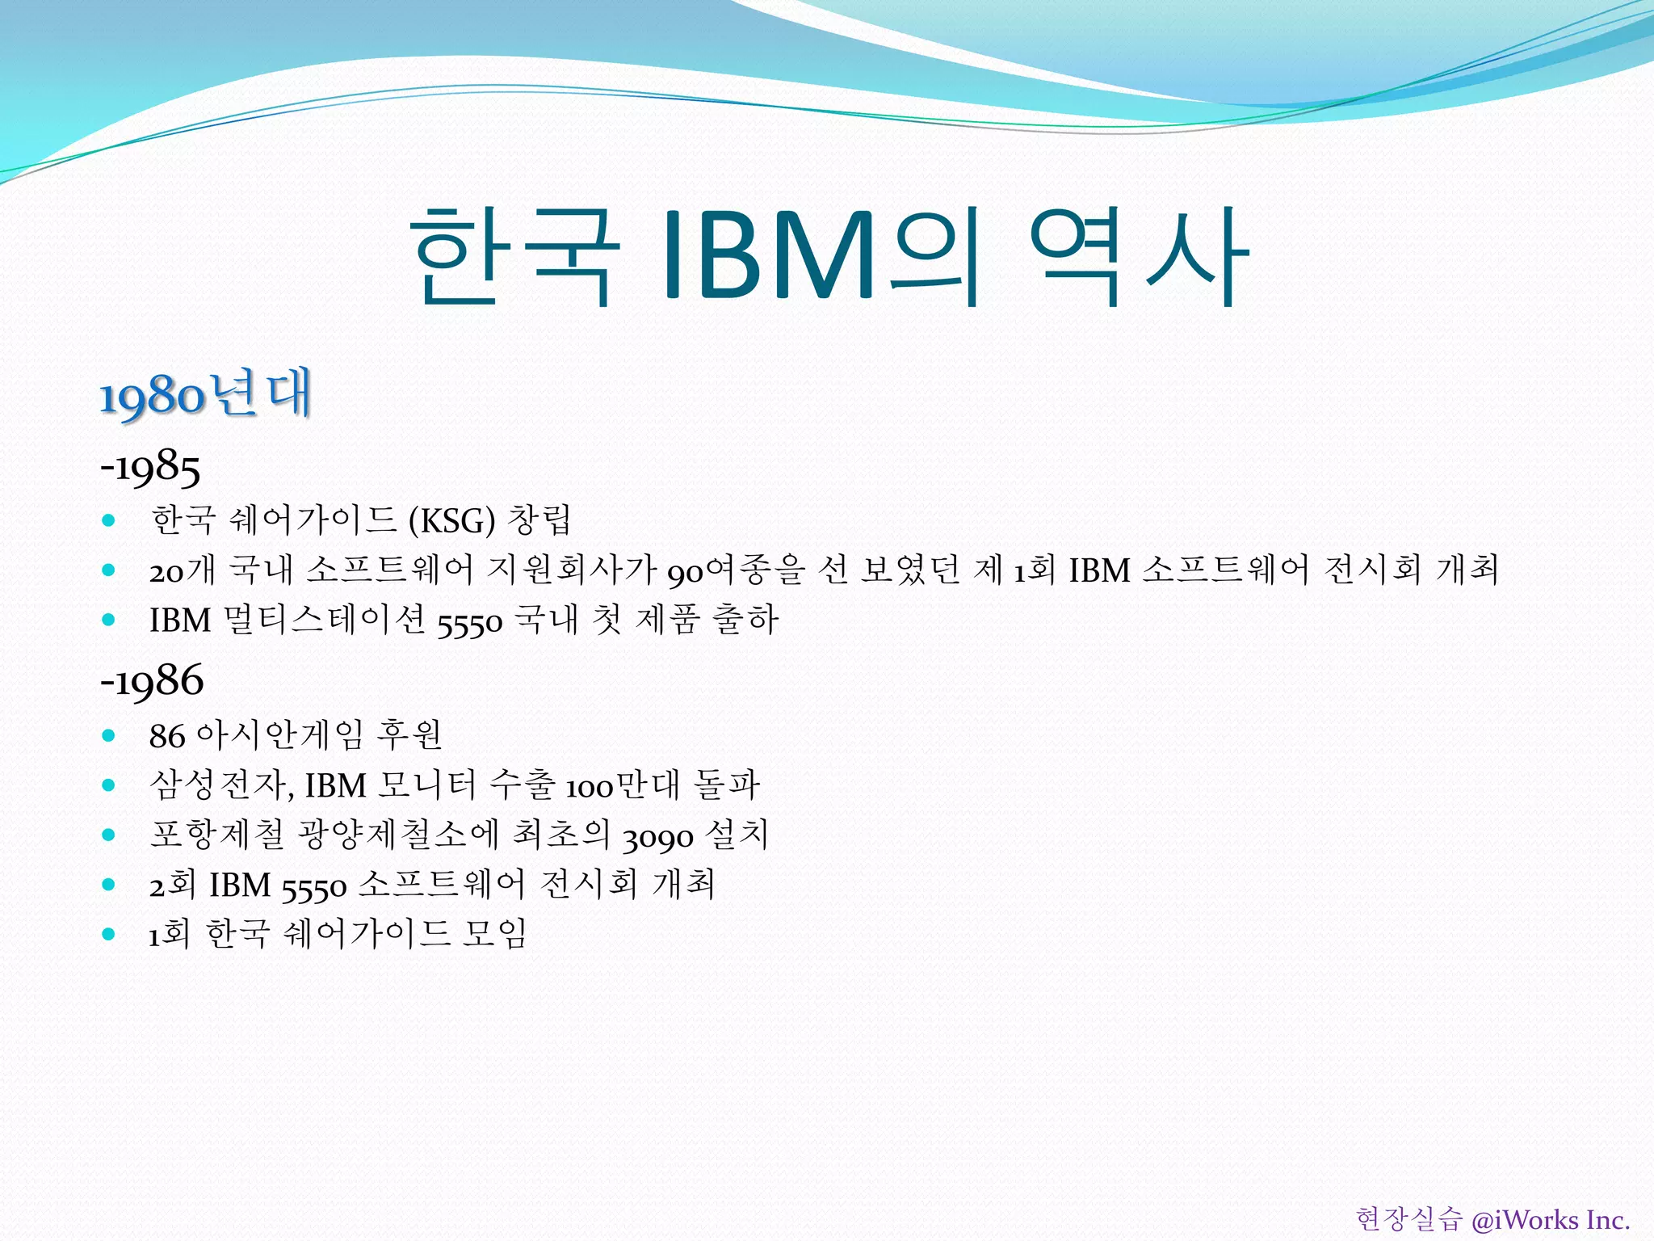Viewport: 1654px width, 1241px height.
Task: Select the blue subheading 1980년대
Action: pos(205,395)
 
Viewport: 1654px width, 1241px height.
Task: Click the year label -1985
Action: pos(150,467)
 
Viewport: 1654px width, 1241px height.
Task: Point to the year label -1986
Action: pos(152,680)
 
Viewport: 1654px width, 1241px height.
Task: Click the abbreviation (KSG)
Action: pos(451,520)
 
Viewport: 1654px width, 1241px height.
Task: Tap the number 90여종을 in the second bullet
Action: pos(736,570)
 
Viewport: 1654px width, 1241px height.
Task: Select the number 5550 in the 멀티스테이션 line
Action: pos(470,621)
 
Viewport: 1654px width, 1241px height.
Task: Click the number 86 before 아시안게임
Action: pos(167,736)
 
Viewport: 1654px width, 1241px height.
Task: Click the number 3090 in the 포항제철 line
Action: pos(657,836)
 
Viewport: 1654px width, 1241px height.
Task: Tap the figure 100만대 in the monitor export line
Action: pos(622,785)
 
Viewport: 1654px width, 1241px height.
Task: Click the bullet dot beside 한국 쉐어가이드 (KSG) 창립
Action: pos(109,520)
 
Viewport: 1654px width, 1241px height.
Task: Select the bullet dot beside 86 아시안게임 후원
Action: pos(109,736)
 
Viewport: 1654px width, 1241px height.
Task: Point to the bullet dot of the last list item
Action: pos(109,935)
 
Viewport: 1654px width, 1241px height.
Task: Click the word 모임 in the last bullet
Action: pos(493,934)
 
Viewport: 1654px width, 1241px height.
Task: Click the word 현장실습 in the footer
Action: pos(1408,1219)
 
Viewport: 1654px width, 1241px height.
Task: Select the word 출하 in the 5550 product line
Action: pos(745,620)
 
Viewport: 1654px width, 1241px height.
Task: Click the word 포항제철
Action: pos(216,835)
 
